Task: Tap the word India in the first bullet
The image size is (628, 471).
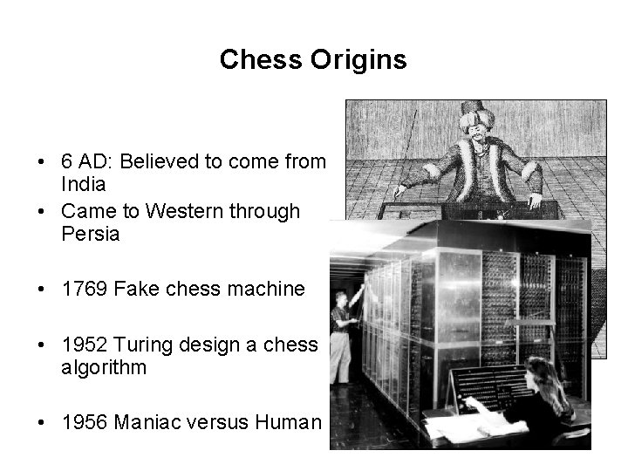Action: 84,185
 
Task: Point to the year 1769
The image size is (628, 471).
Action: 85,289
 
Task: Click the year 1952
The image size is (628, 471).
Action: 85,344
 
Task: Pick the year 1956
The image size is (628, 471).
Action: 85,423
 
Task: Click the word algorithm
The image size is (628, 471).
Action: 104,368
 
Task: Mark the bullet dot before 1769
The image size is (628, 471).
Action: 42,290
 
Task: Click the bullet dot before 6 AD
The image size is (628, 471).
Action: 42,161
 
